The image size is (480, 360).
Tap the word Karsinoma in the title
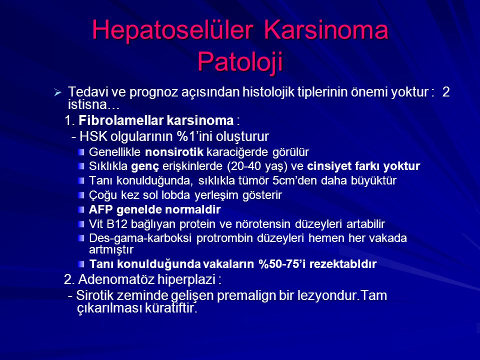326,30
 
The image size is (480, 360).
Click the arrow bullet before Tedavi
57,93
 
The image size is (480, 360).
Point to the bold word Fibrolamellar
110,121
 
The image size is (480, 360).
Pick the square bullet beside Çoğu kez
81,194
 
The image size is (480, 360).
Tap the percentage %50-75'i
285,263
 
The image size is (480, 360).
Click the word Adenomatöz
130,278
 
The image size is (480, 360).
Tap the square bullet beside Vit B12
81,223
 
